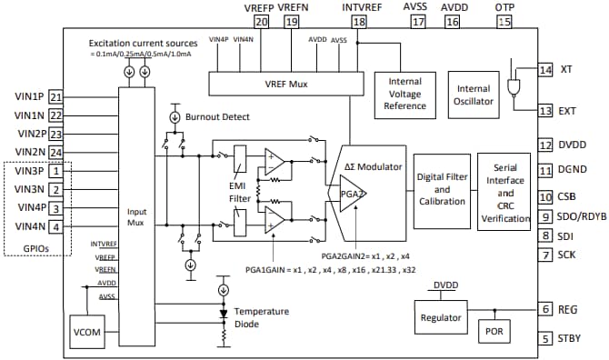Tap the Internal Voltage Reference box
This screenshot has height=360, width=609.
click(x=405, y=94)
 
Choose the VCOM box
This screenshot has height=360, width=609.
click(x=88, y=331)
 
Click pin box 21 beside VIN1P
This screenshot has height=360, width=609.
click(x=56, y=96)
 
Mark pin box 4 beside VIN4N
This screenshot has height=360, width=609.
click(x=56, y=226)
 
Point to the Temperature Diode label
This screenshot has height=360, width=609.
click(x=262, y=317)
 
